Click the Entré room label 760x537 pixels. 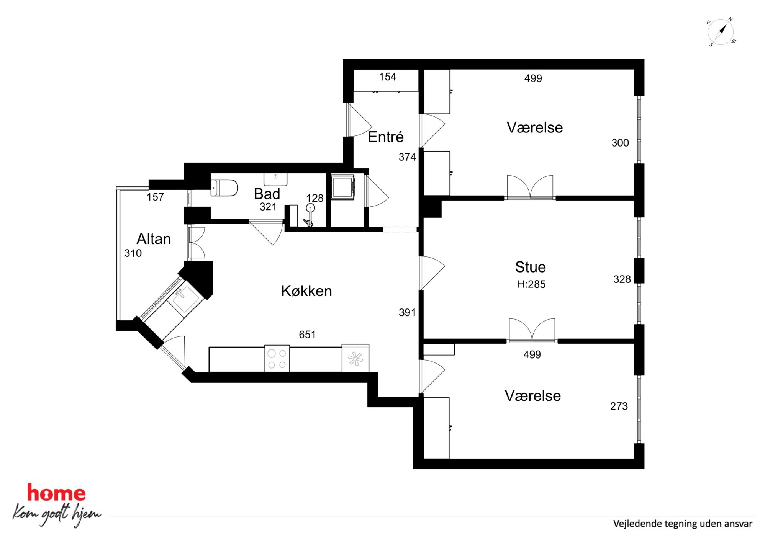click(x=386, y=137)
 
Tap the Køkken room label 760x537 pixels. click(x=306, y=291)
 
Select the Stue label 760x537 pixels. click(x=530, y=267)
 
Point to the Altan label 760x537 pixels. click(x=154, y=239)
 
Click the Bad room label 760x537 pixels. click(x=267, y=194)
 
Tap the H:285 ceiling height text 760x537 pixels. click(x=531, y=284)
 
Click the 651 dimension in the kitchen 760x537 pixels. click(x=307, y=335)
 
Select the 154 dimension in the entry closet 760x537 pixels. click(x=388, y=77)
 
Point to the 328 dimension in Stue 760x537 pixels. click(x=622, y=279)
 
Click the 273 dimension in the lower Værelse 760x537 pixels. click(x=619, y=406)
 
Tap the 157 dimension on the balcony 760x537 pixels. click(x=155, y=197)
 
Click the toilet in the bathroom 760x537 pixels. click(x=224, y=188)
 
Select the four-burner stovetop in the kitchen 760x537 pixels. click(x=277, y=359)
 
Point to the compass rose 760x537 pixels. click(x=721, y=32)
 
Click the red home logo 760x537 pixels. click(x=56, y=493)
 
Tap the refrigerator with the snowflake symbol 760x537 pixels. click(x=355, y=358)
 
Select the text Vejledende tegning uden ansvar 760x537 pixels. click(x=683, y=524)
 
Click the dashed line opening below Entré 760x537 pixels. click(x=400, y=230)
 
